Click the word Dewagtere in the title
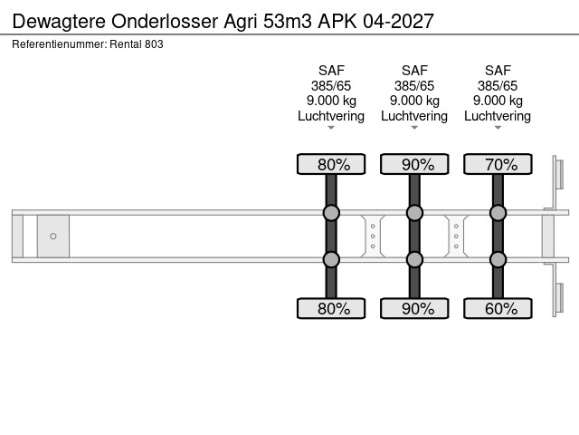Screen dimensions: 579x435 click(60, 21)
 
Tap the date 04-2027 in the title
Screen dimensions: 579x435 click(398, 21)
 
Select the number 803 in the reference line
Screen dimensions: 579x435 click(154, 44)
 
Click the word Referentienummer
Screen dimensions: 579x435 click(60, 44)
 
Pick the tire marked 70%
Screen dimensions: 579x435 click(498, 164)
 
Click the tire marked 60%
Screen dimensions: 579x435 click(498, 308)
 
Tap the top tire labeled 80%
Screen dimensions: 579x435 click(331, 164)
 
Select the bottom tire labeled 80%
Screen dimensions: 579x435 click(331, 308)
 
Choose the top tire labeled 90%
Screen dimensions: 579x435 click(414, 164)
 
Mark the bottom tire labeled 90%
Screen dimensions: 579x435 click(414, 308)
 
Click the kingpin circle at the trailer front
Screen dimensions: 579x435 click(53, 236)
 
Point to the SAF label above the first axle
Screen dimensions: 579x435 click(331, 71)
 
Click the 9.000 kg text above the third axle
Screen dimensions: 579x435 click(498, 101)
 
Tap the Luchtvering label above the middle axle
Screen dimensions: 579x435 click(414, 116)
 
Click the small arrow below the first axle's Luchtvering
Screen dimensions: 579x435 click(331, 128)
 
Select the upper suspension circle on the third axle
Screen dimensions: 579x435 click(498, 213)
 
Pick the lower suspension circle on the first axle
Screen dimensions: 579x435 click(331, 260)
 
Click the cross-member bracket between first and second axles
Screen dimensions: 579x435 click(373, 236)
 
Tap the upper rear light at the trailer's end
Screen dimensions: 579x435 click(560, 174)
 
